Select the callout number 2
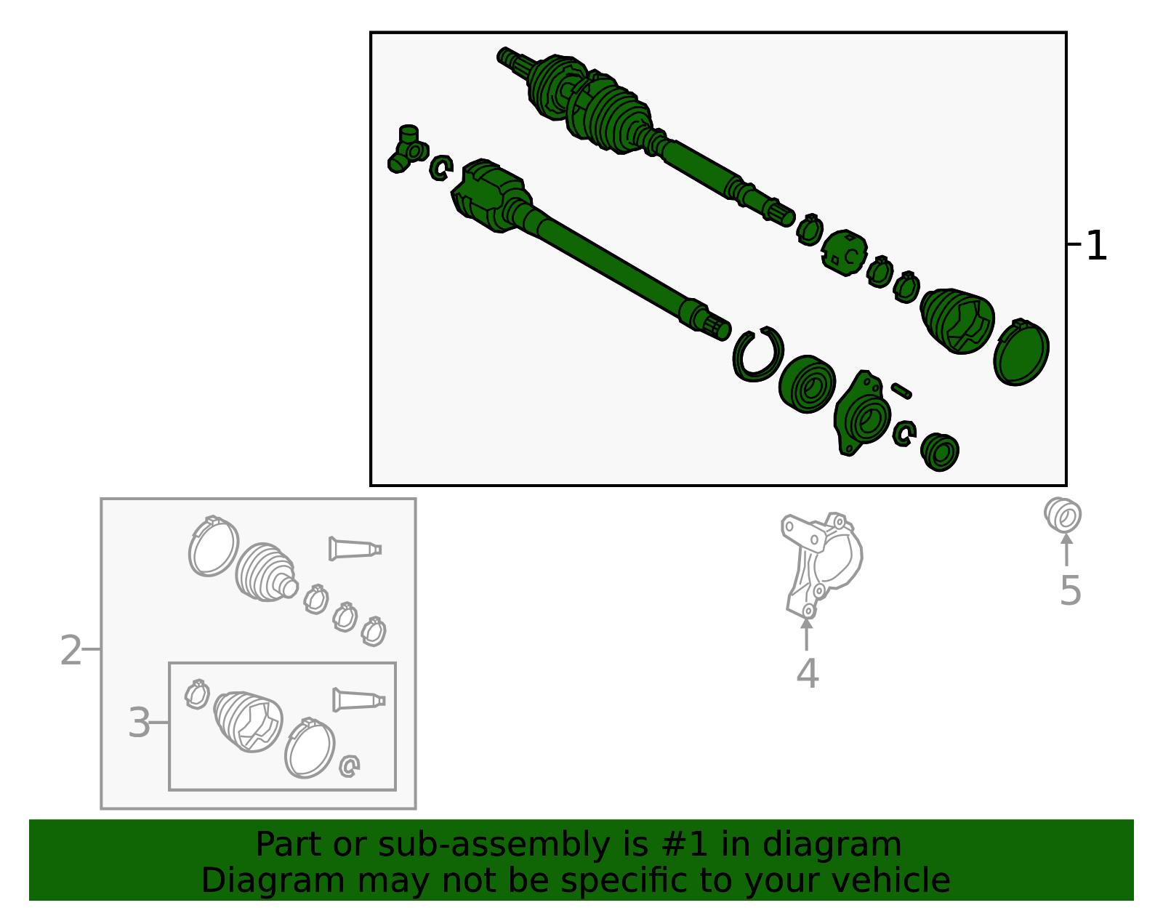pyautogui.click(x=71, y=651)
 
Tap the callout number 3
pyautogui.click(x=139, y=723)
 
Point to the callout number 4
pyautogui.click(x=807, y=673)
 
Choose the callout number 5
pyautogui.click(x=1070, y=590)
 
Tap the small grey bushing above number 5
pyautogui.click(x=1063, y=515)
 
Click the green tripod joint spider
pyautogui.click(x=406, y=148)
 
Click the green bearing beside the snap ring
pyautogui.click(x=807, y=384)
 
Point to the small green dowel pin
pyautogui.click(x=901, y=390)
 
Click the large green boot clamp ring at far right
pyautogui.click(x=1021, y=353)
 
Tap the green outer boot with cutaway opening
pyautogui.click(x=958, y=321)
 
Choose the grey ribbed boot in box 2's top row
pyautogui.click(x=265, y=572)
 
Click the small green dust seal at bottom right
pyautogui.click(x=940, y=451)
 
